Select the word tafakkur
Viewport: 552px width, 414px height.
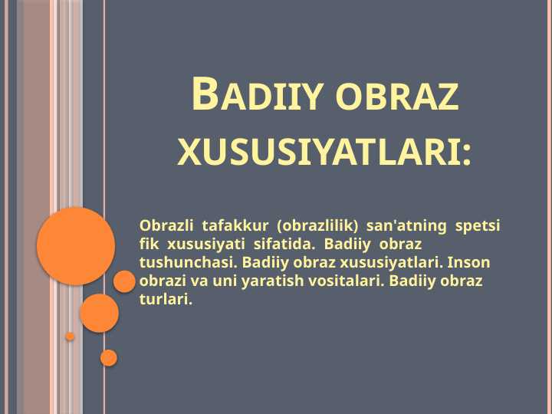click(x=235, y=226)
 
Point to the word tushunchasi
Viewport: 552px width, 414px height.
click(x=186, y=263)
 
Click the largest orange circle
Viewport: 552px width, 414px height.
click(x=76, y=246)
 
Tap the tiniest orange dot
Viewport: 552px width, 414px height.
click(x=70, y=337)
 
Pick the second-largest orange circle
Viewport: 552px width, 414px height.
click(x=99, y=313)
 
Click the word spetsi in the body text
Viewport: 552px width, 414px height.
click(x=478, y=226)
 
